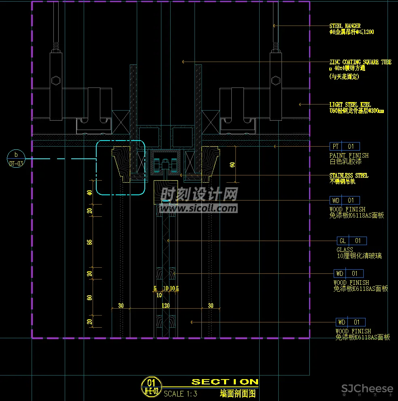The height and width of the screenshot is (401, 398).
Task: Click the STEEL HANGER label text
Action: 345,26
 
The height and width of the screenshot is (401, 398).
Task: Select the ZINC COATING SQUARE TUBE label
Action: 360,62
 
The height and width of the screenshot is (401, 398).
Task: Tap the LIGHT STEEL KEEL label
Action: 350,105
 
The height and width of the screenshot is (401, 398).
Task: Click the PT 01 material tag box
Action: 345,146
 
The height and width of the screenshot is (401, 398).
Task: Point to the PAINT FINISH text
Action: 349,155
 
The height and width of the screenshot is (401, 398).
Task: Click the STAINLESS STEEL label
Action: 349,176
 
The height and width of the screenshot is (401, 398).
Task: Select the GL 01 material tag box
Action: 351,241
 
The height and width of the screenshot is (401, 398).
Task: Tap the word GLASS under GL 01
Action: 345,250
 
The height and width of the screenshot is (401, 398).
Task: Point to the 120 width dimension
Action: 165,306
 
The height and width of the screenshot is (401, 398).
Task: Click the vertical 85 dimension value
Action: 90,242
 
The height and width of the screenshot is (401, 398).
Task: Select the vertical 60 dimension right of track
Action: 232,164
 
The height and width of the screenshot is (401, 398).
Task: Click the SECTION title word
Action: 224,382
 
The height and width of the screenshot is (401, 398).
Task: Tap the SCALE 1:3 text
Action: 180,393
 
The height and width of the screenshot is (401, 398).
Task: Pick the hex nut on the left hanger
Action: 56,80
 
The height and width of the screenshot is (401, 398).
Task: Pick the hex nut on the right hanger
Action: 276,80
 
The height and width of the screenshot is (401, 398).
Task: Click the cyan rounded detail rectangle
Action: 120,168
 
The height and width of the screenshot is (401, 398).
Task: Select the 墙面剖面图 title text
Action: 237,393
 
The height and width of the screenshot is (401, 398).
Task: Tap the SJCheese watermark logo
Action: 367,389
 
